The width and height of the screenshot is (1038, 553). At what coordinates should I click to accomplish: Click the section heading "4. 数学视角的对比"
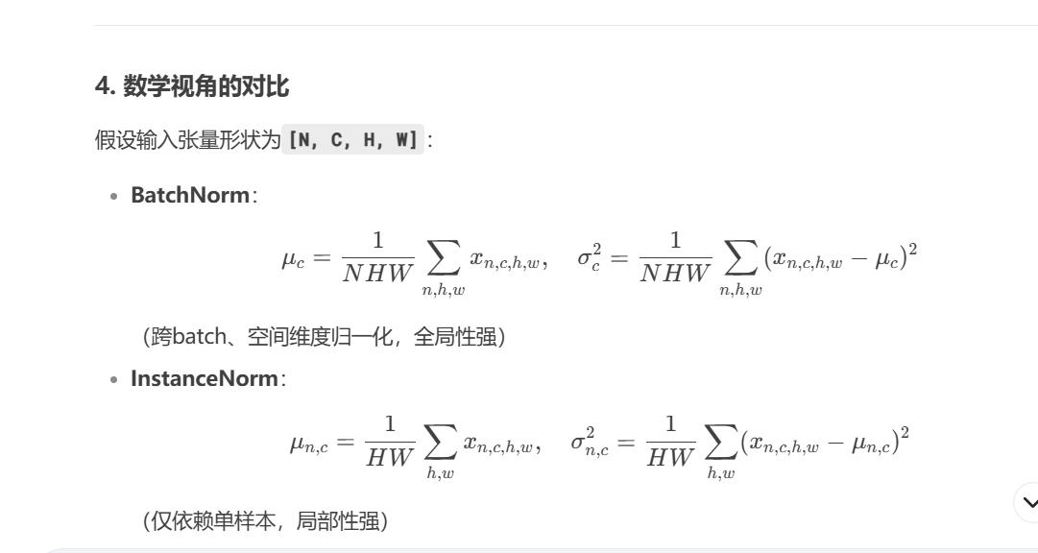coord(192,87)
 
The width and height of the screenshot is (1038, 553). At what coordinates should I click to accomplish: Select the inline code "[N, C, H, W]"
coord(354,141)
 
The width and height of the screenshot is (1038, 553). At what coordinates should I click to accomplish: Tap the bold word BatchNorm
coord(190,195)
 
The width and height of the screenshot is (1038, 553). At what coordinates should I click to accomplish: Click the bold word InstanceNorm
coord(205,378)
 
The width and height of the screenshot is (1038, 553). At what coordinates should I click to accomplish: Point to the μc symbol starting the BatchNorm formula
coord(293,259)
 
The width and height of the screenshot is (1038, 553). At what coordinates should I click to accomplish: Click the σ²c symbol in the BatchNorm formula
coord(589,259)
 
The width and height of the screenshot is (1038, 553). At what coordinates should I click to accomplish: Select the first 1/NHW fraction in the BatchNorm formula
coord(377,257)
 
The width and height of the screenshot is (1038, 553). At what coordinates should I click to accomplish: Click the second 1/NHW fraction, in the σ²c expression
coord(675,257)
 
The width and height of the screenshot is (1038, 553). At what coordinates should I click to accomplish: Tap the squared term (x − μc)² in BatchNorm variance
coord(840,258)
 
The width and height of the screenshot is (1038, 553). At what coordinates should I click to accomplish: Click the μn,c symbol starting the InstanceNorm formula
coord(308,443)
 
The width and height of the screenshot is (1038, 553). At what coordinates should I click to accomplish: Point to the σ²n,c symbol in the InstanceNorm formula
coord(589,443)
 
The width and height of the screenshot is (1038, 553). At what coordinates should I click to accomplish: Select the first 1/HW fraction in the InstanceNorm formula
coord(390,442)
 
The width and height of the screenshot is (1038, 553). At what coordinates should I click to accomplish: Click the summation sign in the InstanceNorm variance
coord(721,443)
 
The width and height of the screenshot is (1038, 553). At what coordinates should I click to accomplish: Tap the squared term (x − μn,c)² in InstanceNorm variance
coord(825,442)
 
